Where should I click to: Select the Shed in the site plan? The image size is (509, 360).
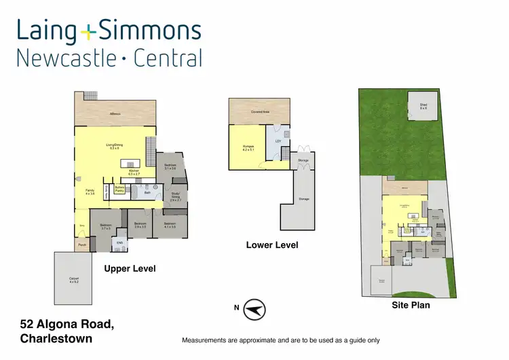pyautogui.click(x=423, y=107)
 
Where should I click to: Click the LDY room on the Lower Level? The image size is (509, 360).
pyautogui.click(x=278, y=141)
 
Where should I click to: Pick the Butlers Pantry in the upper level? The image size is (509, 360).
pyautogui.click(x=119, y=190)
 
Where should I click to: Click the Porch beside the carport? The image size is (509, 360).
pyautogui.click(x=81, y=245)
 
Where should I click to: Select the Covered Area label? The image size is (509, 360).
pyautogui.click(x=260, y=111)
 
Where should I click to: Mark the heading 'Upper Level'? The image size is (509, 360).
pyautogui.click(x=130, y=269)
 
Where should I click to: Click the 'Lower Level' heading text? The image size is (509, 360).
pyautogui.click(x=271, y=245)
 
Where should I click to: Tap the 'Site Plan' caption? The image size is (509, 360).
pyautogui.click(x=411, y=306)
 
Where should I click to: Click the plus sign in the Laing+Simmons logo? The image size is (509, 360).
pyautogui.click(x=88, y=31)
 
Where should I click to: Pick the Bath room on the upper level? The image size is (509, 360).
pyautogui.click(x=147, y=193)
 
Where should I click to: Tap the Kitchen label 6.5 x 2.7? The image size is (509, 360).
pyautogui.click(x=134, y=172)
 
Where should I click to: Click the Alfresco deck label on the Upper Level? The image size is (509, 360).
pyautogui.click(x=115, y=114)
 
